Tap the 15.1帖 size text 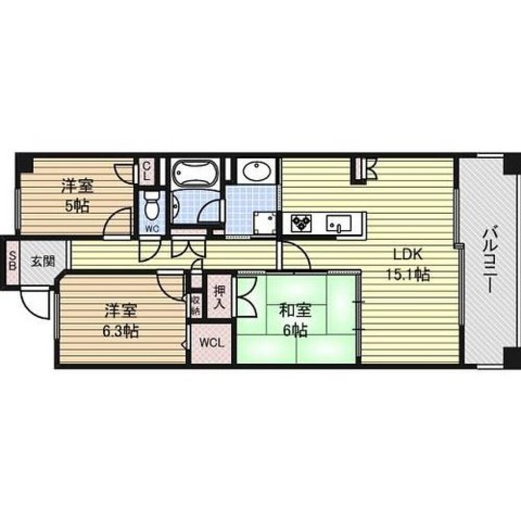click(x=408, y=274)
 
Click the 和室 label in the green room click(x=295, y=311)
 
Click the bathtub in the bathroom click(x=192, y=173)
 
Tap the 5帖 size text click(x=77, y=205)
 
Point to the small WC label click(x=152, y=228)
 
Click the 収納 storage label click(x=195, y=305)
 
